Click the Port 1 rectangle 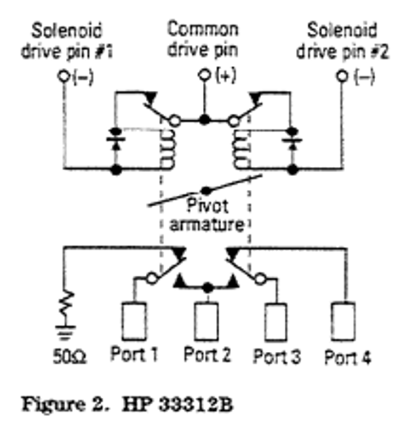coord(134,320)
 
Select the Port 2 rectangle coord(207,320)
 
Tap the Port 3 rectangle coord(275,320)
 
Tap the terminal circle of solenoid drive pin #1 coord(64,77)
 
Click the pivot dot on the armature coord(206,190)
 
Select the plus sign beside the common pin coord(226,75)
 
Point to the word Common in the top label coord(203,29)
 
